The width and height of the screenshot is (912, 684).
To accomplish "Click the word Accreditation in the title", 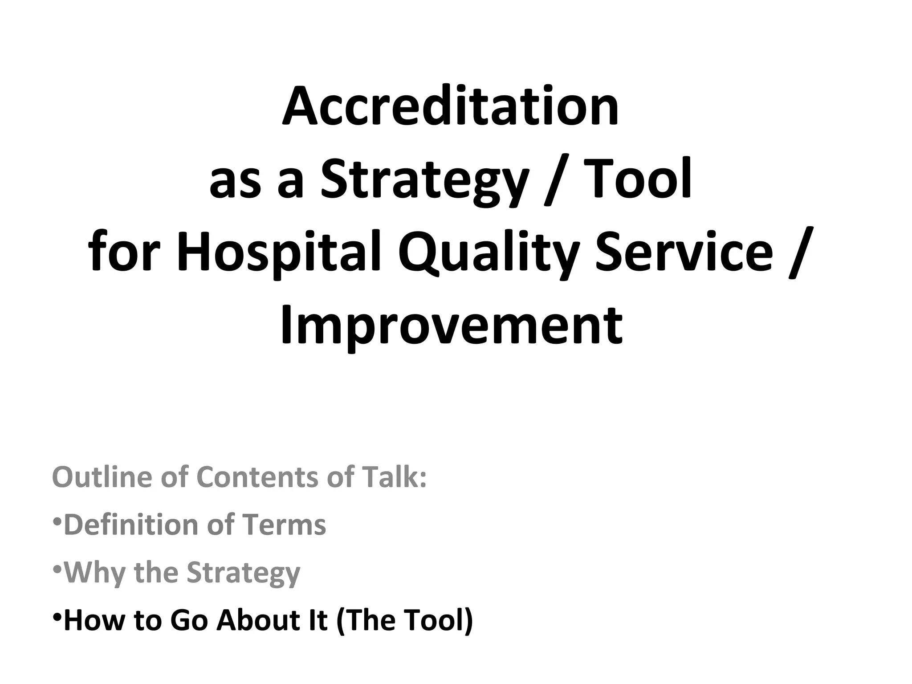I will pos(450,107).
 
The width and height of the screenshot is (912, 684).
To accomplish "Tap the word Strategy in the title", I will pos(423,180).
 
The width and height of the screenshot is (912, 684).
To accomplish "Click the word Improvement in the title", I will pos(451,326).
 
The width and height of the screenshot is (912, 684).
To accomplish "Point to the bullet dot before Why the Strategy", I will pos(57,569).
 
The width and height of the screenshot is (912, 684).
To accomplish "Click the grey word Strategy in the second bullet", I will pos(243,574).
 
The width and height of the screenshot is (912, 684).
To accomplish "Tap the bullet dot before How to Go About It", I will pos(57,617).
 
